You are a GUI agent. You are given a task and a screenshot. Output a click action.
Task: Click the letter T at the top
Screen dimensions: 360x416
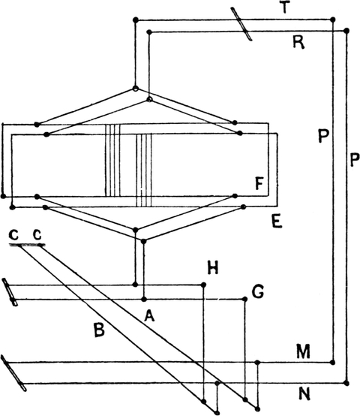point(284,8)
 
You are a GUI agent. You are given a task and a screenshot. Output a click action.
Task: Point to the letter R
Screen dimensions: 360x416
point(298,42)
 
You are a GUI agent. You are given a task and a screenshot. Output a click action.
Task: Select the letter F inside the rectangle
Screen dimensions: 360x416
point(259,183)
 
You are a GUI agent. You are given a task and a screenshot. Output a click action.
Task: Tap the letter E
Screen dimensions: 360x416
point(277,222)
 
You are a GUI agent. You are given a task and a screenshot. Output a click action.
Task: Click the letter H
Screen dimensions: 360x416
point(213,267)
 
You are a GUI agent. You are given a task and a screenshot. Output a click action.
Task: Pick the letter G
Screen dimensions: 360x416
point(258,291)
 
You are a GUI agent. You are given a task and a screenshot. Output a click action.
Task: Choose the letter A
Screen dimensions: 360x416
point(149,315)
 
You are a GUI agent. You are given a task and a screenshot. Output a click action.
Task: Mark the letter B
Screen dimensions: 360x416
point(99,330)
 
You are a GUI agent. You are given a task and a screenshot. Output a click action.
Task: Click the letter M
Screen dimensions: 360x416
point(303,351)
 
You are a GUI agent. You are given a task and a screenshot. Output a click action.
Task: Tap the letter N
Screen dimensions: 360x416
point(304,393)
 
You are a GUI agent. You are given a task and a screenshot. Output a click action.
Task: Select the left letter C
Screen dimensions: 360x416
point(13,235)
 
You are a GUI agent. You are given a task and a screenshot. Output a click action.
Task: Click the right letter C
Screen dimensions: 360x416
point(37,235)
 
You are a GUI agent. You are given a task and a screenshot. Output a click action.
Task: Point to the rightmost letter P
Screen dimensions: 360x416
point(355,159)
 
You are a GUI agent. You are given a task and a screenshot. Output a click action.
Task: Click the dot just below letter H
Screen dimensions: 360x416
point(203,285)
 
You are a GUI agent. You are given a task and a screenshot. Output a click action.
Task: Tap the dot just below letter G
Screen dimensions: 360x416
point(244,300)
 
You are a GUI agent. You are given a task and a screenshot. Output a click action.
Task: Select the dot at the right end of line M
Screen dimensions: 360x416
point(333,362)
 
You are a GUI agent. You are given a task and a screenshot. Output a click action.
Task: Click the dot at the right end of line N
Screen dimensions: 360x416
point(346,383)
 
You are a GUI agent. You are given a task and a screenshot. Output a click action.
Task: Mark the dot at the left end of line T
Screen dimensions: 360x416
point(136,20)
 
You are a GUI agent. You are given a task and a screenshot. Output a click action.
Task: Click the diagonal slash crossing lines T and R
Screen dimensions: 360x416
point(241,24)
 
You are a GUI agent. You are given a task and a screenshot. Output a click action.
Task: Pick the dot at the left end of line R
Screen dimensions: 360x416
point(149,32)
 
